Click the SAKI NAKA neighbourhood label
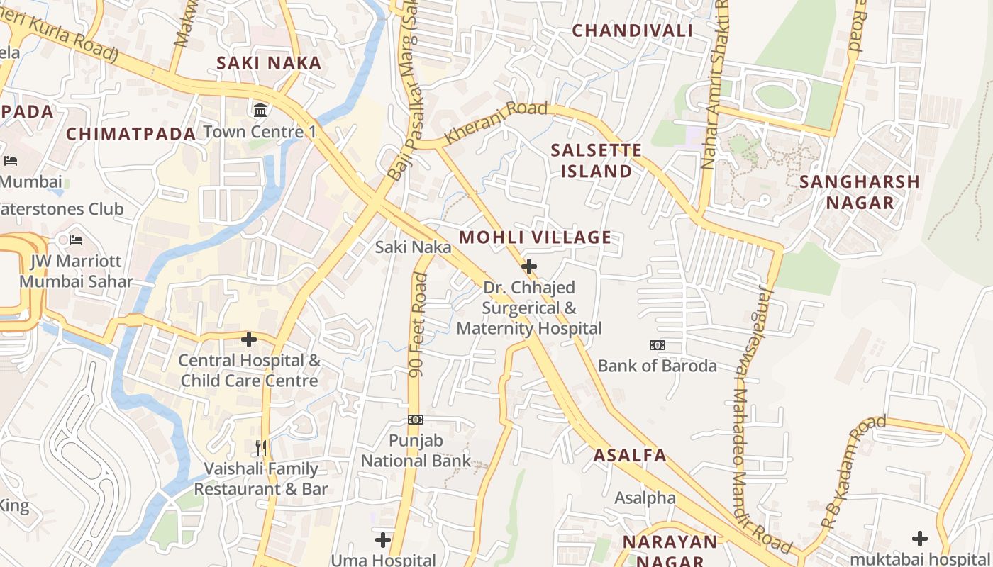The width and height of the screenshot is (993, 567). click(269, 63)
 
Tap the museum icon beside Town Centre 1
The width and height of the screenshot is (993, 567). click(260, 110)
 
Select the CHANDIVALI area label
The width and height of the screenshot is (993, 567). click(632, 30)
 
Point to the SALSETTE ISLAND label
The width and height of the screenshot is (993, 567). click(597, 161)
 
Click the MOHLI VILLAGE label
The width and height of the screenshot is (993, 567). click(535, 237)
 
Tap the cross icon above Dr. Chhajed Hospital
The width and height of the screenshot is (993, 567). click(528, 266)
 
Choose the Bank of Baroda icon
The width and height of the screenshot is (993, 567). click(657, 345)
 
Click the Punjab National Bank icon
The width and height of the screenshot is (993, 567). click(416, 420)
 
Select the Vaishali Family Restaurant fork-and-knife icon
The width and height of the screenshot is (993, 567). click(261, 447)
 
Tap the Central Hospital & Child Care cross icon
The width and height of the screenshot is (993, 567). click(249, 339)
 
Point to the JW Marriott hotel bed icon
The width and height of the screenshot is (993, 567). click(76, 240)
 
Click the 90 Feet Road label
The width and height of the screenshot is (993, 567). click(418, 326)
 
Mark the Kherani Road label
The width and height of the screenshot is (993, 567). click(496, 123)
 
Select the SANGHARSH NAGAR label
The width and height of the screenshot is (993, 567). click(859, 192)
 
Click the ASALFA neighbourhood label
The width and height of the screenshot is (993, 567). click(630, 455)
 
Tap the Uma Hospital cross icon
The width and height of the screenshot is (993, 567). click(383, 540)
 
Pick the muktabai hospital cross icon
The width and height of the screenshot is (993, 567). click(920, 538)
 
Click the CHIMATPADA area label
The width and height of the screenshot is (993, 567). click(131, 134)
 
